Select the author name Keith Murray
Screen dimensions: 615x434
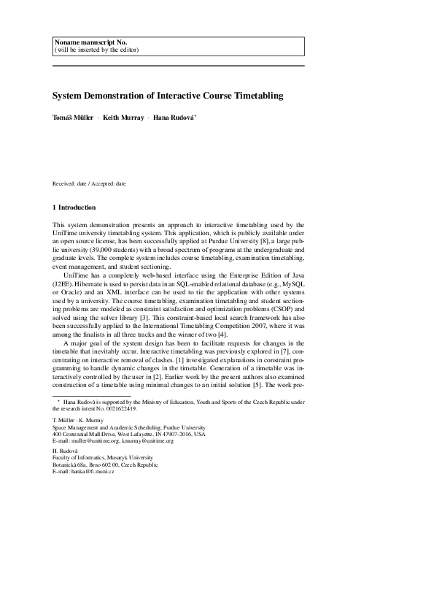coord(123,118)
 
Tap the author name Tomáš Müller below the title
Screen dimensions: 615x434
coord(73,118)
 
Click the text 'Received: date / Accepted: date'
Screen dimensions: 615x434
coord(89,183)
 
